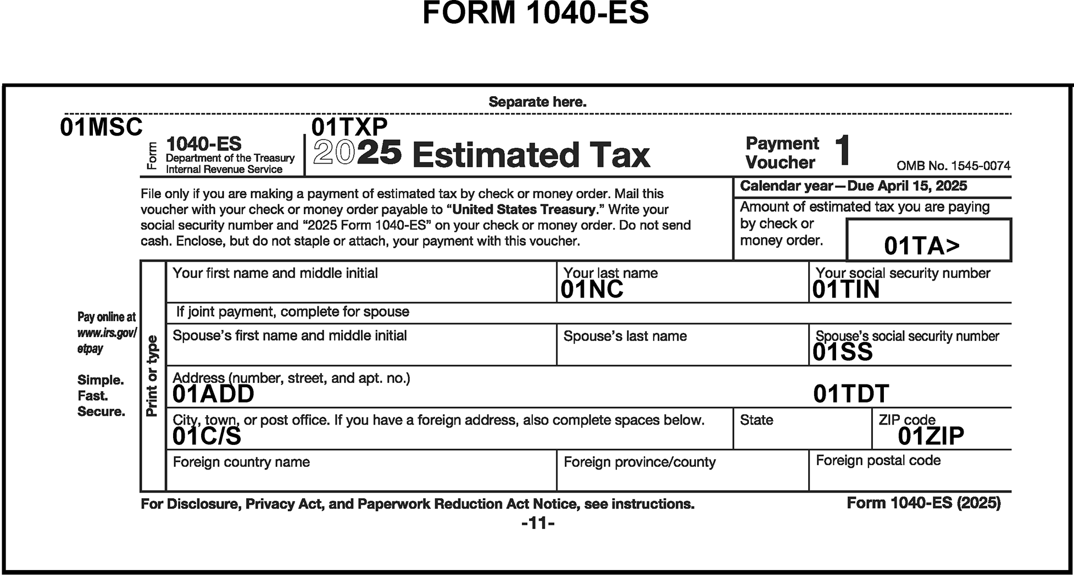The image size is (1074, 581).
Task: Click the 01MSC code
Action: [101, 127]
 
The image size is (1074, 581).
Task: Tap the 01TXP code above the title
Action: [349, 127]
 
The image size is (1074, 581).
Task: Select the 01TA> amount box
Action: [928, 241]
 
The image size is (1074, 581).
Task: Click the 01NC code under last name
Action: [592, 290]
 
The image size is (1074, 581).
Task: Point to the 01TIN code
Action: [846, 290]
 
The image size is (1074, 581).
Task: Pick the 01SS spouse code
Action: [842, 353]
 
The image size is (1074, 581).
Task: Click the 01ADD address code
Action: [213, 394]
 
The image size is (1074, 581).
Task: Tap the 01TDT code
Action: [851, 394]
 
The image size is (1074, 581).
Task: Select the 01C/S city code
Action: [207, 436]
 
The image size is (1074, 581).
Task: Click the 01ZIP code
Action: [931, 436]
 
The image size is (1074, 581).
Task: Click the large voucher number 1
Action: [842, 150]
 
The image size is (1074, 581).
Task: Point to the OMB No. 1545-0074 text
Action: [953, 166]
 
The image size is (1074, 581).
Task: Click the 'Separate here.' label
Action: [537, 102]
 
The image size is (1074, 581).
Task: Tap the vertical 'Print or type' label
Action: [153, 376]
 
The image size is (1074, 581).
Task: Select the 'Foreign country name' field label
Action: [241, 462]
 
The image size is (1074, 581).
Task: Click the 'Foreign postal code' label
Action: [878, 460]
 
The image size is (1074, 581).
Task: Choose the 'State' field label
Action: [756, 420]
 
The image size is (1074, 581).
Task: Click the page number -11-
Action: [538, 523]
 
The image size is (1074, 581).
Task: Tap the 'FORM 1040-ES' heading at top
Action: [536, 13]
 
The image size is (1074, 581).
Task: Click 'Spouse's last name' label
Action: [625, 336]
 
